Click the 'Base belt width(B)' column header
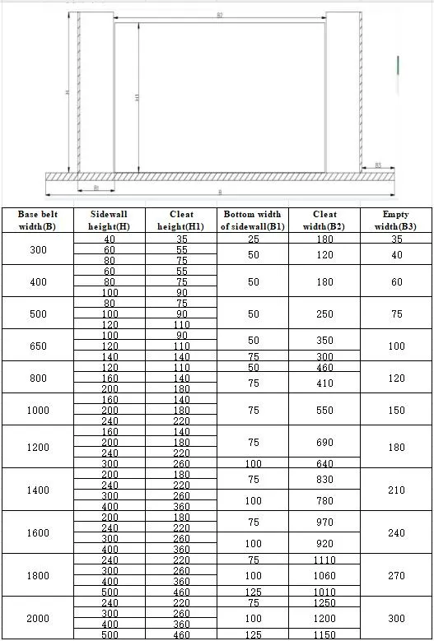pyautogui.click(x=37, y=220)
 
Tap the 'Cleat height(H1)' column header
pyautogui.click(x=181, y=220)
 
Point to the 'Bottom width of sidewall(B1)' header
pyautogui.click(x=253, y=220)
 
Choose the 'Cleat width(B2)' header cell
pyautogui.click(x=325, y=220)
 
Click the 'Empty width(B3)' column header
pyautogui.click(x=396, y=220)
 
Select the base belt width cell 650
pyautogui.click(x=38, y=346)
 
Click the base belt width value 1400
pyautogui.click(x=38, y=489)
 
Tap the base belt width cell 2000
pyautogui.click(x=38, y=618)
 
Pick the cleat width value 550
pyautogui.click(x=325, y=410)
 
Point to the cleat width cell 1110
pyautogui.click(x=325, y=560)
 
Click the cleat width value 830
pyautogui.click(x=325, y=479)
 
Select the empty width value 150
pyautogui.click(x=396, y=410)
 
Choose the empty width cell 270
pyautogui.click(x=396, y=575)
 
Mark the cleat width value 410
pyautogui.click(x=325, y=383)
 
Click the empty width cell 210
pyautogui.click(x=396, y=490)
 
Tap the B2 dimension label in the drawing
pyautogui.click(x=220, y=16)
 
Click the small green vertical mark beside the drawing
pyautogui.click(x=399, y=64)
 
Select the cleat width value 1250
pyautogui.click(x=325, y=602)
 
